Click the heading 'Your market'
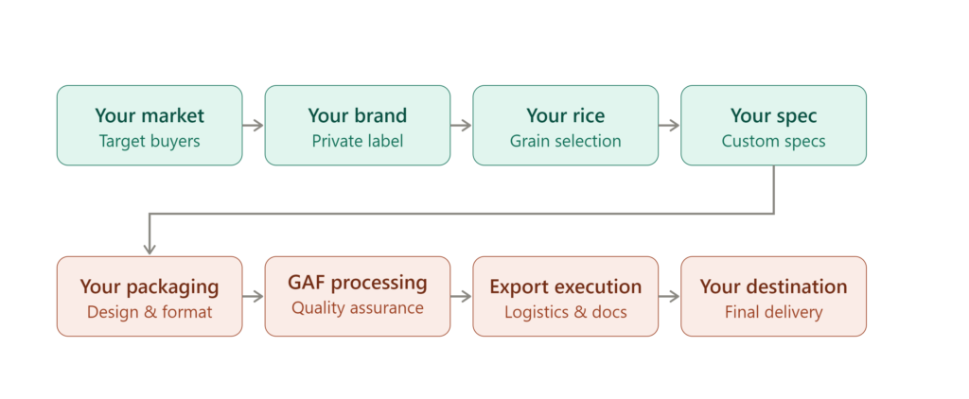point(150,115)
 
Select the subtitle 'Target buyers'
point(150,141)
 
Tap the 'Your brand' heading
point(357,115)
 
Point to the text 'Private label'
point(357,141)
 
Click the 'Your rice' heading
point(566,115)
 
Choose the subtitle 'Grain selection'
point(566,141)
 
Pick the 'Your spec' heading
point(774,115)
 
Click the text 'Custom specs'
point(774,141)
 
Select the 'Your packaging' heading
point(150,286)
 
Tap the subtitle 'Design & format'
point(150,312)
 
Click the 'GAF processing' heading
point(357,283)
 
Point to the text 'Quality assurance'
point(357,307)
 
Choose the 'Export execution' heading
point(566,286)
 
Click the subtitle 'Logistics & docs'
point(566,312)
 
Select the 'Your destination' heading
point(774,286)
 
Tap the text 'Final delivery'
point(774,312)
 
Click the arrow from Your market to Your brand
point(254,126)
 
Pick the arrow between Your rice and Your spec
point(669,126)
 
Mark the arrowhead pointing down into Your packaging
point(150,250)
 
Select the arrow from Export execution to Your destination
point(669,297)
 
